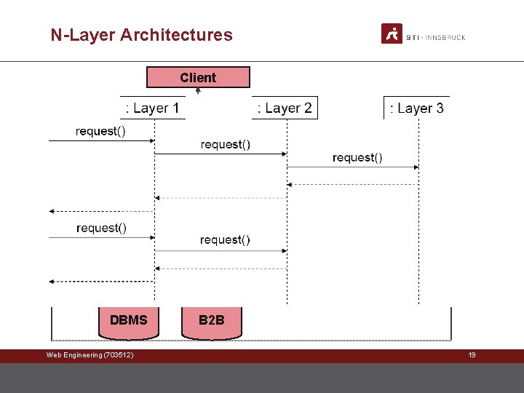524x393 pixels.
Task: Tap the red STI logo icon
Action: point(392,33)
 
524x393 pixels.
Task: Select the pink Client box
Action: point(198,78)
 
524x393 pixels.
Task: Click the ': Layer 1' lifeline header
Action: point(153,108)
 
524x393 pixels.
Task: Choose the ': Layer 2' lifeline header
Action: point(285,108)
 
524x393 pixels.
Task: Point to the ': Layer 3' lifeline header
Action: point(416,108)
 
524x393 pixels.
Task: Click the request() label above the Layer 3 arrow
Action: point(357,157)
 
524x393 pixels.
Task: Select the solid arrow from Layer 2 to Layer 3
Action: point(353,167)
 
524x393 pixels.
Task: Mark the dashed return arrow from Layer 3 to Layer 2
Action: point(353,185)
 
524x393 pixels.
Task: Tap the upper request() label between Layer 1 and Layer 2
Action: point(226,144)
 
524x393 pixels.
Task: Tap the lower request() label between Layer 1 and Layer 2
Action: point(226,239)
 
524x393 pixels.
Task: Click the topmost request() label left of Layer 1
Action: point(100,131)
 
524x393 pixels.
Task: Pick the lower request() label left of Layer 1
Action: point(101,228)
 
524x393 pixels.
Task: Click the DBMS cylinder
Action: point(129,322)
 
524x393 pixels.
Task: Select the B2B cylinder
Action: point(212,322)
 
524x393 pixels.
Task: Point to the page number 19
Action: point(472,355)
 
